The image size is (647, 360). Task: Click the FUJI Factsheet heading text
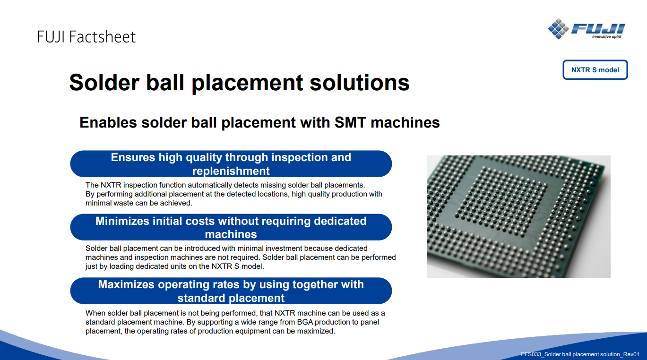click(x=86, y=37)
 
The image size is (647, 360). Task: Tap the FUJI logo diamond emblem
click(x=558, y=28)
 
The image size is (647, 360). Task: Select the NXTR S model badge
click(x=595, y=69)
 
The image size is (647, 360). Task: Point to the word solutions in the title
click(x=359, y=82)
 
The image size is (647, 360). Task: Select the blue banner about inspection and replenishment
click(x=231, y=163)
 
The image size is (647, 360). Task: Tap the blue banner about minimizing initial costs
click(x=231, y=227)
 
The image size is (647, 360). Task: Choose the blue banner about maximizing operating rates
click(x=231, y=291)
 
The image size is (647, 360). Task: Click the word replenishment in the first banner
click(x=231, y=171)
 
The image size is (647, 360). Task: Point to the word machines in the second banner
click(x=231, y=234)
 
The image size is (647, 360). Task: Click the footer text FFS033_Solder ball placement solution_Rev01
click(x=580, y=354)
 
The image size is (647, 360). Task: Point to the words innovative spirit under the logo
click(x=606, y=37)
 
